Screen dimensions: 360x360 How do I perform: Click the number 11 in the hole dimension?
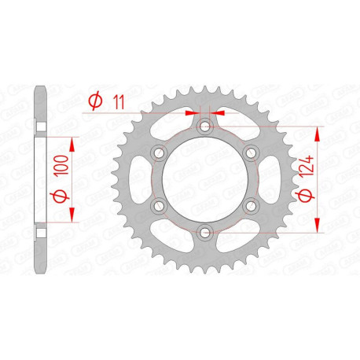117,101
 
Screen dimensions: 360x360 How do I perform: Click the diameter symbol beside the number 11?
95,101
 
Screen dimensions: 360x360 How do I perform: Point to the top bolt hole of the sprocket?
204,127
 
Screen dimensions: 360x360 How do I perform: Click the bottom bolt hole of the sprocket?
204,231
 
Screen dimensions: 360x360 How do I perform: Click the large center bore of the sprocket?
204,179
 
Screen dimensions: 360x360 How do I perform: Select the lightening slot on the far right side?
273,179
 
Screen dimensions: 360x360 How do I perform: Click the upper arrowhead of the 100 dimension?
74,142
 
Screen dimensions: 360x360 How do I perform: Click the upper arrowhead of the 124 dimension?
318,130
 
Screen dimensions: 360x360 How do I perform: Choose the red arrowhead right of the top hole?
219,114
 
